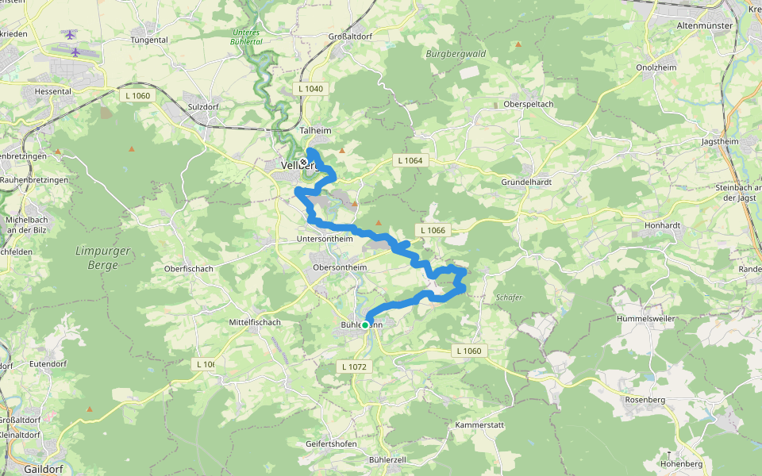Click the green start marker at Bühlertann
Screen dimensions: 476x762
(x=365, y=324)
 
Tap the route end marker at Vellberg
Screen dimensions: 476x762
(x=303, y=162)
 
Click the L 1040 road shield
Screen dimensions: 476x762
(x=311, y=89)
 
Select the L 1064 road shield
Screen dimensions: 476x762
(x=410, y=161)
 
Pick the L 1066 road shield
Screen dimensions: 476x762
(x=433, y=230)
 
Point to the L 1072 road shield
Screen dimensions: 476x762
(x=354, y=367)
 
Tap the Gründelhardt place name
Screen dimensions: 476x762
(x=526, y=182)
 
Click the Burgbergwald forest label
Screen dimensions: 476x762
(x=456, y=54)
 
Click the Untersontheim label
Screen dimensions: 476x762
(x=324, y=239)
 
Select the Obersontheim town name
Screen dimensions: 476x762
(x=341, y=267)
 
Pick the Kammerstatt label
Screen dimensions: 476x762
(x=479, y=425)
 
